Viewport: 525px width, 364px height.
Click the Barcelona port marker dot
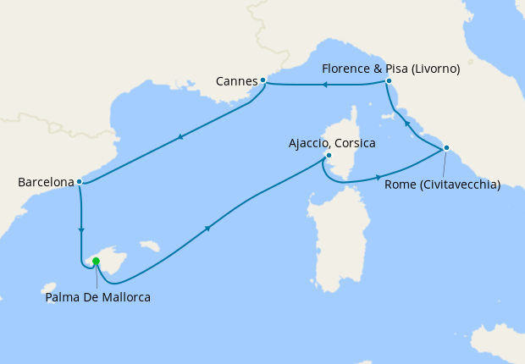[x=79, y=181]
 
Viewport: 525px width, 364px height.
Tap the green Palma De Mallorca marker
[x=96, y=262]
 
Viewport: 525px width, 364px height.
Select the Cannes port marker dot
[x=263, y=80]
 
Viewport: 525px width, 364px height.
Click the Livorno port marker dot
[x=388, y=81]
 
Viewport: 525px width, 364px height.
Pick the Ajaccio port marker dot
[x=329, y=156]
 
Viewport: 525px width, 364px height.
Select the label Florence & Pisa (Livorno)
[x=391, y=69]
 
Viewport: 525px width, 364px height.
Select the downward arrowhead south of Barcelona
[x=81, y=229]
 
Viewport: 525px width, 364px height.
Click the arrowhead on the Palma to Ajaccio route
[x=208, y=228]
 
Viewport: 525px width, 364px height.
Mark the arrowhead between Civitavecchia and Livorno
[x=406, y=124]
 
